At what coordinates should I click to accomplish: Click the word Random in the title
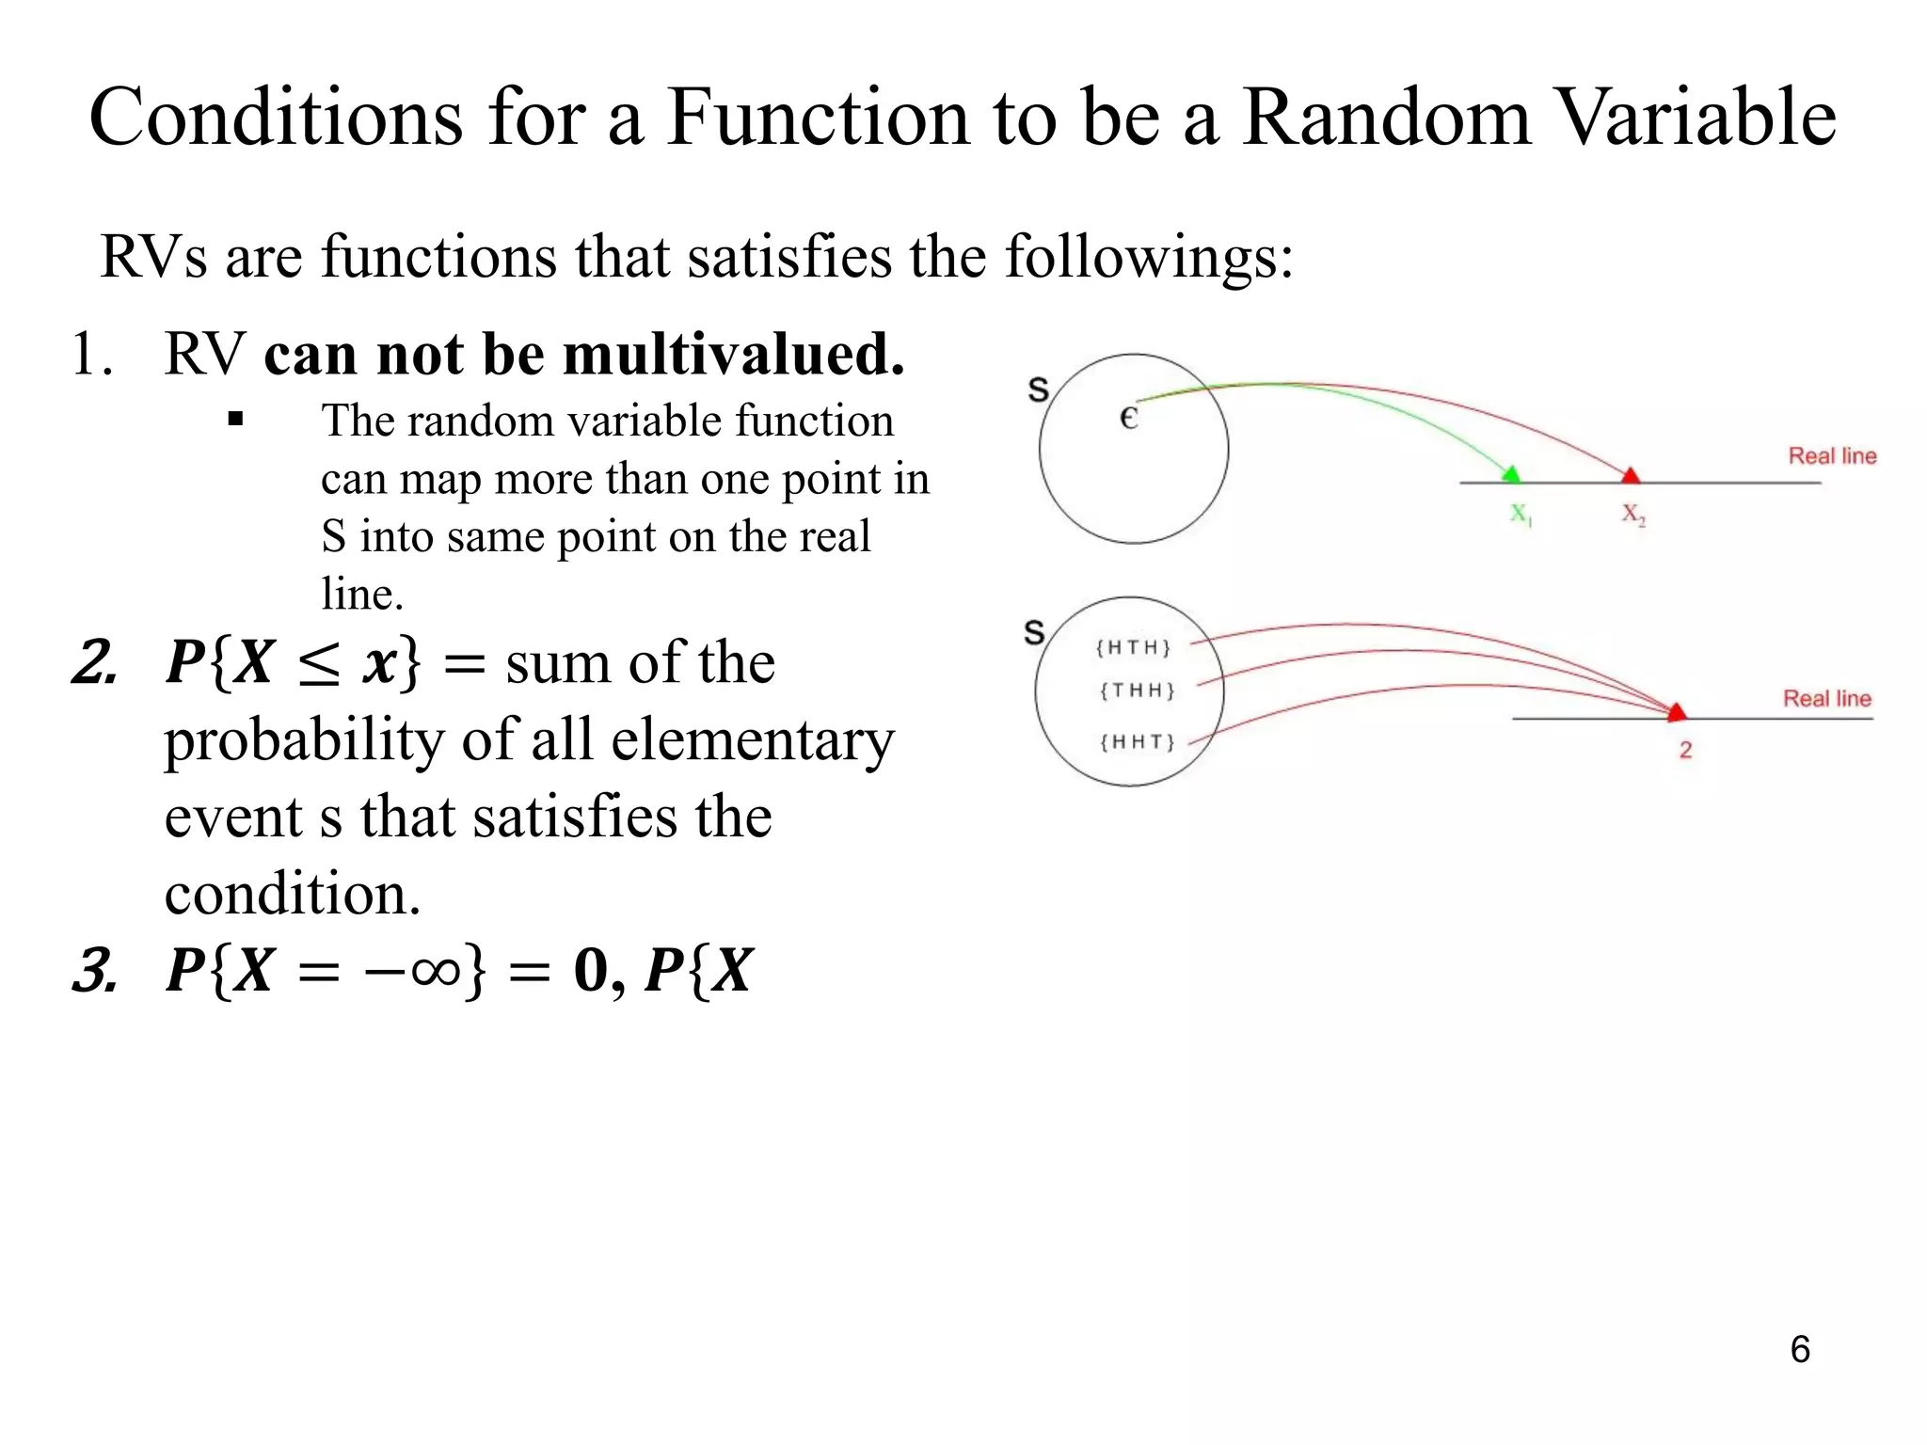(x=1387, y=118)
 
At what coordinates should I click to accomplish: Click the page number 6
(x=1800, y=1349)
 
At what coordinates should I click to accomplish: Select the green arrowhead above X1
(x=1511, y=473)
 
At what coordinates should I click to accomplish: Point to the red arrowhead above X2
(x=1631, y=474)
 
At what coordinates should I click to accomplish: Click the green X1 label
(x=1521, y=515)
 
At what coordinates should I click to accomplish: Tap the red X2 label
(x=1633, y=515)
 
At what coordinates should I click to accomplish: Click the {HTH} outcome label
(x=1133, y=647)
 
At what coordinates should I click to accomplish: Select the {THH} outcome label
(x=1137, y=691)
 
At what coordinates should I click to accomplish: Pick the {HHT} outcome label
(x=1137, y=742)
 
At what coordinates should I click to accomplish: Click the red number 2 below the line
(x=1685, y=750)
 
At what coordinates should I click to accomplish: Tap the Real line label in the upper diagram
(x=1832, y=456)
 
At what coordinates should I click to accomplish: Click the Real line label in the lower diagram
(x=1827, y=699)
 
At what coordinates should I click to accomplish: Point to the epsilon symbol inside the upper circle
(x=1129, y=418)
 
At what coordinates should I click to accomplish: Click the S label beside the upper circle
(x=1038, y=389)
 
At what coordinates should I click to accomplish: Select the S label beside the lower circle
(x=1034, y=632)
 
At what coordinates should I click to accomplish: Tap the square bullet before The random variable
(x=235, y=420)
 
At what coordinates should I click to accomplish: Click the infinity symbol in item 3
(x=436, y=970)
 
